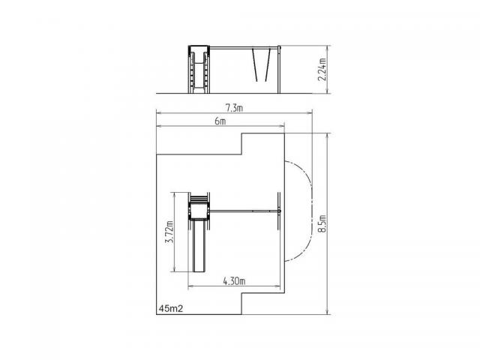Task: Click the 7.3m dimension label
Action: (x=234, y=108)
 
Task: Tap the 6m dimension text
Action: (x=220, y=121)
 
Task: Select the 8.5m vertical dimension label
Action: (x=322, y=223)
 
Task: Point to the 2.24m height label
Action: (x=322, y=69)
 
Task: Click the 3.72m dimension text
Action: (x=169, y=232)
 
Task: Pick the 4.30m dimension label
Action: (x=234, y=281)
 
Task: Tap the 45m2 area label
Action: (x=171, y=309)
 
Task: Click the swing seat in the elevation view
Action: (x=262, y=81)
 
